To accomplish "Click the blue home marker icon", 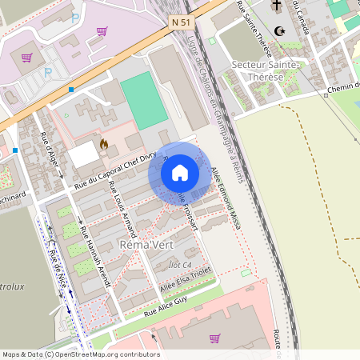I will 180,173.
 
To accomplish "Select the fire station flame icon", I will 103,145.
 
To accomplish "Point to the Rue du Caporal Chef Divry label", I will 112,171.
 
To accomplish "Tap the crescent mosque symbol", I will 279,31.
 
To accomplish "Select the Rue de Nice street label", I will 57,272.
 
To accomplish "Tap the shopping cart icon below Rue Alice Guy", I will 214,338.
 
